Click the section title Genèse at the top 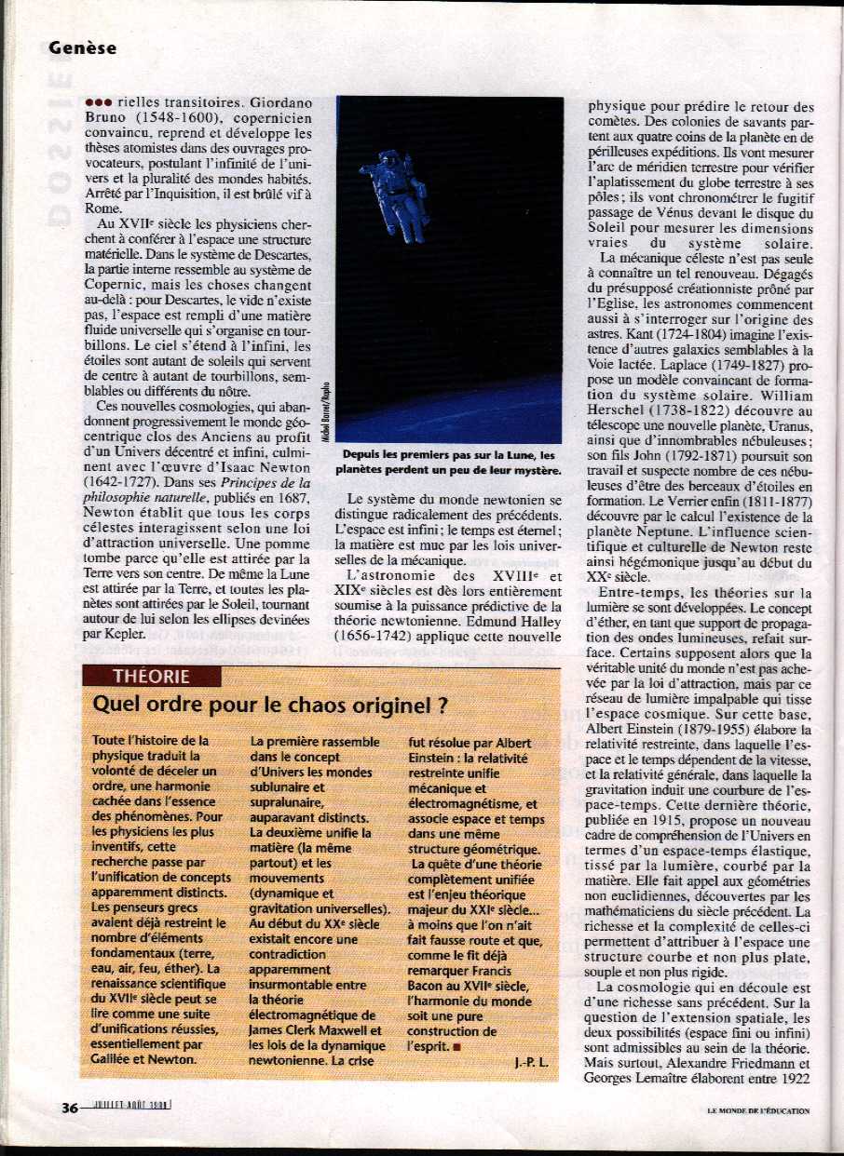(x=83, y=47)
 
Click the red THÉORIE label (x=151, y=677)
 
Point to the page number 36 (x=70, y=1108)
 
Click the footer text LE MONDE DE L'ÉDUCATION (x=757, y=1109)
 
